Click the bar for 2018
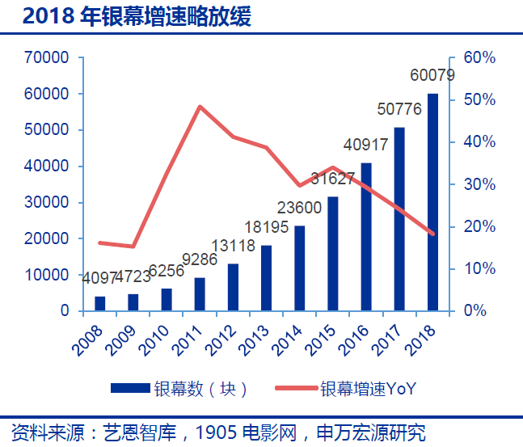(x=432, y=202)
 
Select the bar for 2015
(x=333, y=254)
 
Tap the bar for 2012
(x=233, y=287)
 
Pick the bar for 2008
(x=100, y=303)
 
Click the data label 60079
(x=432, y=76)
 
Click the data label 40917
(x=366, y=145)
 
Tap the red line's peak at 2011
(x=200, y=107)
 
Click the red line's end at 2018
(x=432, y=234)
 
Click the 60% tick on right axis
(x=479, y=58)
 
